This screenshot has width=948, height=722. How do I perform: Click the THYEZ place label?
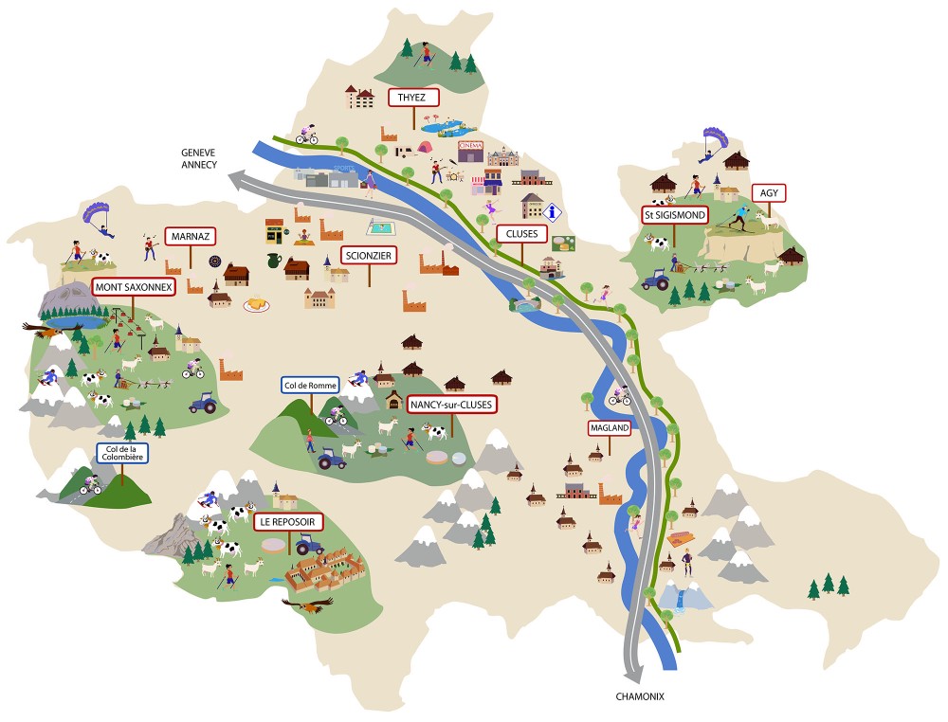(x=412, y=97)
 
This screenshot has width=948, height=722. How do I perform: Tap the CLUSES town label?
(x=521, y=232)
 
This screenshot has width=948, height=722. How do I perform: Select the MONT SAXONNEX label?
(x=132, y=285)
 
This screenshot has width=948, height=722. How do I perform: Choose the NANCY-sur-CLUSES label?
(x=452, y=405)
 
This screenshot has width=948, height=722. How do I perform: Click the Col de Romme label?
(x=309, y=386)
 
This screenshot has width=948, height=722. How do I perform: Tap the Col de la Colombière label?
(x=121, y=455)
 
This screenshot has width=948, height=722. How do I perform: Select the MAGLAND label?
(x=609, y=428)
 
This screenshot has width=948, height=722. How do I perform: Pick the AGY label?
(x=769, y=192)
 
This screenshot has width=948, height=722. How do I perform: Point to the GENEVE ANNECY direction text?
(x=200, y=157)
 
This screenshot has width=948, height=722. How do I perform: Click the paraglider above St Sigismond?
(x=711, y=139)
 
